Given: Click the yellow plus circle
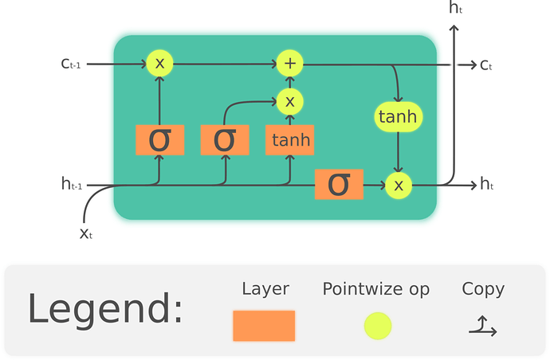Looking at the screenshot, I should [x=289, y=63].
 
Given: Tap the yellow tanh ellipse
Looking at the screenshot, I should [x=398, y=117].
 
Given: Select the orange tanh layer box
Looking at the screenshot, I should [x=289, y=140].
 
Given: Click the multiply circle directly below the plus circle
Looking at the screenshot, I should [x=289, y=101].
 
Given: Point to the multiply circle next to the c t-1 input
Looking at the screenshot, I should [x=159, y=63].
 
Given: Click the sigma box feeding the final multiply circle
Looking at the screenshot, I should [x=339, y=185].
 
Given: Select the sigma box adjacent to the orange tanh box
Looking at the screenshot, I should [x=225, y=140].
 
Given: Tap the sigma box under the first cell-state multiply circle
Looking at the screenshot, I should [x=159, y=140].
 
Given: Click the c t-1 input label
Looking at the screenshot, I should [x=71, y=64].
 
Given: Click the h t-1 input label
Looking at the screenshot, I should [x=72, y=185].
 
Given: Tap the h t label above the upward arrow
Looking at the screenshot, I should [x=455, y=9].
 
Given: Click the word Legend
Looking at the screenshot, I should [x=105, y=309].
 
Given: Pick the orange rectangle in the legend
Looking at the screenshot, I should [x=264, y=326].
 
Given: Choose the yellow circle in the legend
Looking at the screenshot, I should [x=377, y=326].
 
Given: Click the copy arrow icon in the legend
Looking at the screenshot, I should [x=483, y=325].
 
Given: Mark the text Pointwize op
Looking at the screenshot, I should [x=375, y=288].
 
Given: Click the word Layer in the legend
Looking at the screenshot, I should [x=265, y=288].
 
